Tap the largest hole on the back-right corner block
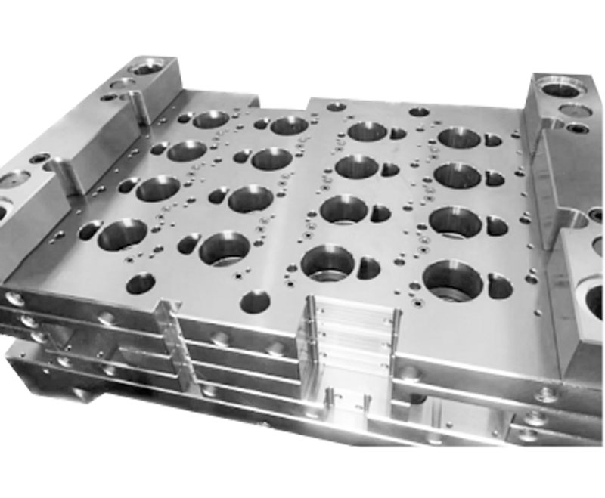pyautogui.click(x=562, y=90)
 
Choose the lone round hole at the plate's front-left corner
pyautogui.click(x=141, y=283)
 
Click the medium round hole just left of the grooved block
pyautogui.click(x=255, y=302)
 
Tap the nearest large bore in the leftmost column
pyautogui.click(x=122, y=232)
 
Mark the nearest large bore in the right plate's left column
pyautogui.click(x=327, y=261)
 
